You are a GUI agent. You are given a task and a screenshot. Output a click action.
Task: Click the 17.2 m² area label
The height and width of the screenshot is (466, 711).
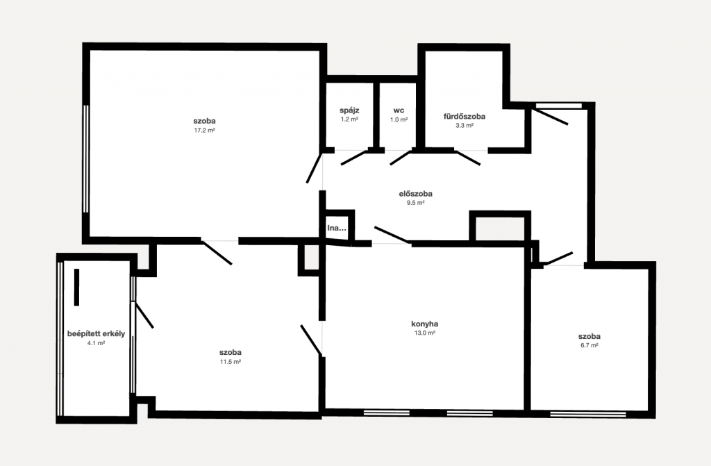204,131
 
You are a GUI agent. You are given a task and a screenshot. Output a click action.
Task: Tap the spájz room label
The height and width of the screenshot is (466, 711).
350,110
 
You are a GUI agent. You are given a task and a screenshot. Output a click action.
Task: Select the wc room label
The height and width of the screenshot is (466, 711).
399,110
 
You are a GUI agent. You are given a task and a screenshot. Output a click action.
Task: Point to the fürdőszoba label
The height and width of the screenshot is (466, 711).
465,116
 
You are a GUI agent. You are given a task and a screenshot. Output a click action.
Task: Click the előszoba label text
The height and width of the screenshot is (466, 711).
415,194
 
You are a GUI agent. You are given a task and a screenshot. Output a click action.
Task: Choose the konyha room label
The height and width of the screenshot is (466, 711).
424,324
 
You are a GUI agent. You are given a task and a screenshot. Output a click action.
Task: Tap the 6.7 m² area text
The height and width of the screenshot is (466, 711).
589,345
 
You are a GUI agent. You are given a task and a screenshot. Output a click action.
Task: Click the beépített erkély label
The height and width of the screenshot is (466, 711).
96,334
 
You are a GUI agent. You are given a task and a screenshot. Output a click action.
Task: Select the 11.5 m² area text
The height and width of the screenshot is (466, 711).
231,362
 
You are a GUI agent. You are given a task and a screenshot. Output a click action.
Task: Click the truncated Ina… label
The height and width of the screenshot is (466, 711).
337,228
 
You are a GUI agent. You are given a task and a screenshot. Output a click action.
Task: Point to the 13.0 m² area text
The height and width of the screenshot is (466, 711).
424,333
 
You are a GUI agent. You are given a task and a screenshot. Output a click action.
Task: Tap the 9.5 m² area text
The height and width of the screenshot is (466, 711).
416,203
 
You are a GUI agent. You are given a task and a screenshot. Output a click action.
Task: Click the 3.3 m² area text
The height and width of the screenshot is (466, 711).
465,126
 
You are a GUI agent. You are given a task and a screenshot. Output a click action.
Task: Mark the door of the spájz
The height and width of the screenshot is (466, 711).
353,158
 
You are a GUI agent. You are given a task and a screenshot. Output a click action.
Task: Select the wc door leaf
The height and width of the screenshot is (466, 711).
401,158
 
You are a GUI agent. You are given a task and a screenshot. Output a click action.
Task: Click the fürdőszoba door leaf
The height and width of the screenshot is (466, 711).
467,158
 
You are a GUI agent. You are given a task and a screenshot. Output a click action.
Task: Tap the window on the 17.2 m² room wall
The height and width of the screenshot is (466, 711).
85,158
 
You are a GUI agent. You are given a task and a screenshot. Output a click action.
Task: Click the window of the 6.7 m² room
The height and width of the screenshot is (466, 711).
588,414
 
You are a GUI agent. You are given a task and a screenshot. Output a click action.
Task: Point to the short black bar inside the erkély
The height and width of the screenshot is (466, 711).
76,288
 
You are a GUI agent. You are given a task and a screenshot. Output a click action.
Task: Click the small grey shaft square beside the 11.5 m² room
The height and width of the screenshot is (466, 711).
312,258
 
